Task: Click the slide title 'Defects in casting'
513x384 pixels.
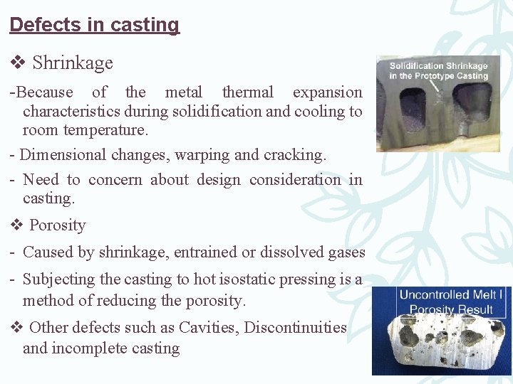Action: point(94,25)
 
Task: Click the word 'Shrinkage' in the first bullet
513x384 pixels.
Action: point(73,63)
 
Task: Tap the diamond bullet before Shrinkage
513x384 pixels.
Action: point(17,63)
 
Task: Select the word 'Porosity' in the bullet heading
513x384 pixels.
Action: point(58,225)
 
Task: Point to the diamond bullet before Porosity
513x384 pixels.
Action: point(17,225)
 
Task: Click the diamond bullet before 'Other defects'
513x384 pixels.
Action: point(17,327)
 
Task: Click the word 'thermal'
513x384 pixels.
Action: point(247,92)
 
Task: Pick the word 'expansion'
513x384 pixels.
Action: point(327,92)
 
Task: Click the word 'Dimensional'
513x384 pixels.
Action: point(61,155)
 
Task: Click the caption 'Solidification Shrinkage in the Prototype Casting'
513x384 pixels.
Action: point(438,71)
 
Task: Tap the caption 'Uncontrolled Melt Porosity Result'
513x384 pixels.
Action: point(445,302)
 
